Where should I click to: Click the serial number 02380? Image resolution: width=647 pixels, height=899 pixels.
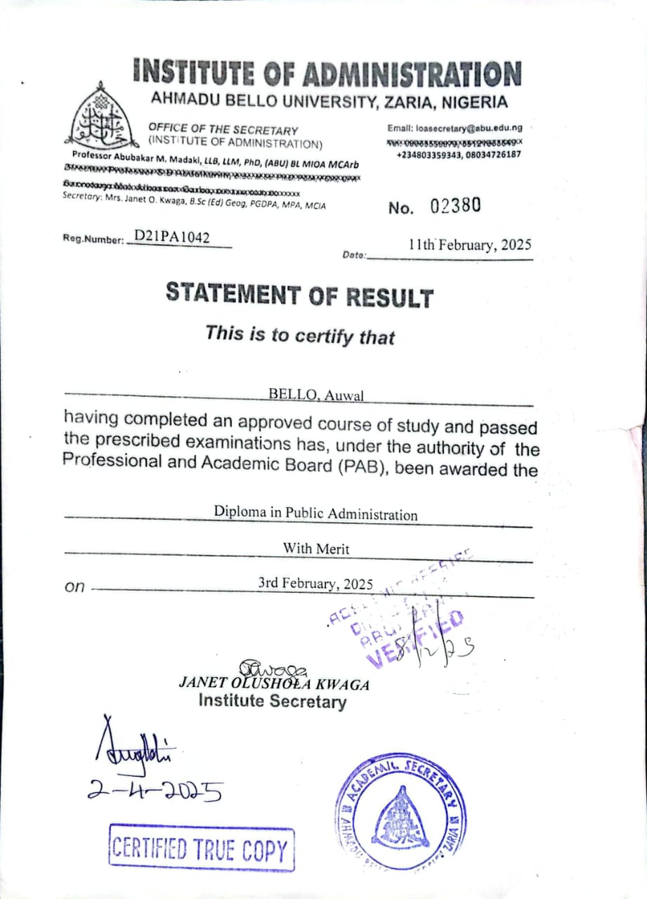click(456, 205)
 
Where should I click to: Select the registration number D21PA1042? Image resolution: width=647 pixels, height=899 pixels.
click(171, 237)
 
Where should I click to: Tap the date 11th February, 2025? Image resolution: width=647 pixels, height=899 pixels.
click(469, 245)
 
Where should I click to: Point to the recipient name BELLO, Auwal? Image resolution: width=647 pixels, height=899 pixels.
click(316, 395)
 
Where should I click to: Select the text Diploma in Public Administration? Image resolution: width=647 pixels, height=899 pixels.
click(315, 513)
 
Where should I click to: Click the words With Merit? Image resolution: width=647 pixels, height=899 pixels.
click(315, 549)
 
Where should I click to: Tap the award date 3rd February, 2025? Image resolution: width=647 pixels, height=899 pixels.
click(315, 584)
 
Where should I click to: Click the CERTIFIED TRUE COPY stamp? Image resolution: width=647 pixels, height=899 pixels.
click(202, 848)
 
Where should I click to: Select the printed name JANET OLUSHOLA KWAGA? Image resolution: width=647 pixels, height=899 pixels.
click(275, 683)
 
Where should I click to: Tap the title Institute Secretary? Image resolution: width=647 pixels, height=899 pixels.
click(272, 701)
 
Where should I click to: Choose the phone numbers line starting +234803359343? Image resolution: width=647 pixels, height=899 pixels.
click(459, 154)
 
